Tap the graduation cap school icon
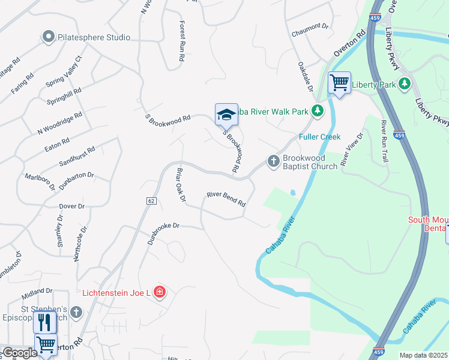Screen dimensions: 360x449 click(x=226, y=114)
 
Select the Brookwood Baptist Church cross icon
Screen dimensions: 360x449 click(x=273, y=161)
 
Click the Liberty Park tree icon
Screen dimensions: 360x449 click(x=405, y=84)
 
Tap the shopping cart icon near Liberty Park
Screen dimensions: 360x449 click(x=339, y=82)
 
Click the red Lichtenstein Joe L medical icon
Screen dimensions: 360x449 click(x=160, y=293)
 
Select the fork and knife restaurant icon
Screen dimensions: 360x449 click(x=45, y=323)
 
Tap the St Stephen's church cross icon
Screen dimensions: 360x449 click(x=76, y=312)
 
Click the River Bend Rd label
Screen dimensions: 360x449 click(x=226, y=199)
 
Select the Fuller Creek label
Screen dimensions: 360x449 click(x=320, y=137)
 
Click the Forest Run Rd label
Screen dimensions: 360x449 click(x=182, y=41)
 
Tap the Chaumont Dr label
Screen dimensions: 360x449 click(x=310, y=27)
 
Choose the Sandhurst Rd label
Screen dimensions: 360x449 click(x=77, y=157)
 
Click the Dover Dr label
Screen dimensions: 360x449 click(x=72, y=206)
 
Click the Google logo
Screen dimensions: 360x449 click(x=19, y=353)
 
